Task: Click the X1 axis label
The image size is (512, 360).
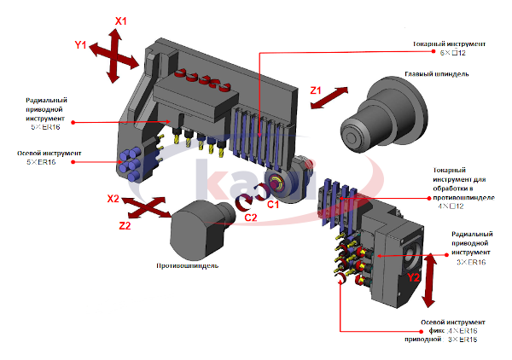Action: point(120,19)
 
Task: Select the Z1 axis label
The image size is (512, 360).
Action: point(315,90)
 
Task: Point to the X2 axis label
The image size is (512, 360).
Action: point(113,199)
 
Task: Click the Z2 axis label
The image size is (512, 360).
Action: point(124,226)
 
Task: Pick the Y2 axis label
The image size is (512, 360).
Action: point(413,277)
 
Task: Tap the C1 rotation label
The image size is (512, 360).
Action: point(273,205)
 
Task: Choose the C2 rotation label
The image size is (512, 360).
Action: point(251,218)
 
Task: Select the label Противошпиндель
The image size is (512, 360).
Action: point(188,265)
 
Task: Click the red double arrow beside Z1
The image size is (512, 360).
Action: point(329,97)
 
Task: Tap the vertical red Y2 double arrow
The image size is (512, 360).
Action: point(429,279)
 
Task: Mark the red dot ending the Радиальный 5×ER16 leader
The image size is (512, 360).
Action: point(74,122)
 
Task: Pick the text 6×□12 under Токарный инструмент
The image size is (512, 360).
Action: point(451,52)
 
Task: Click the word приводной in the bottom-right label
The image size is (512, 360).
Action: point(424,339)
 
